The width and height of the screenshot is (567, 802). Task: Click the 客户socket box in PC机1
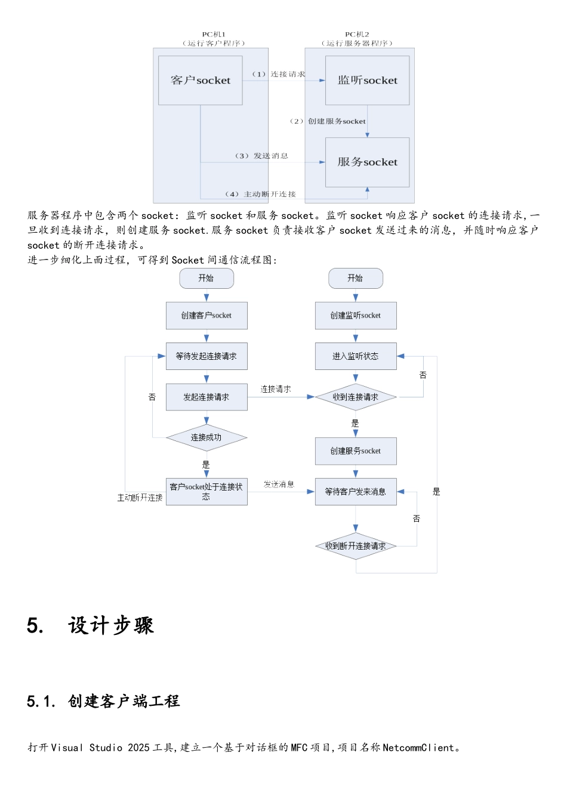[x=200, y=81]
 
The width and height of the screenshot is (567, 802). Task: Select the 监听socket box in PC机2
[x=367, y=81]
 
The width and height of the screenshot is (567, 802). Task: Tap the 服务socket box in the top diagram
[x=367, y=162]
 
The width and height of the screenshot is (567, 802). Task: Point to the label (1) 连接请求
[x=279, y=74]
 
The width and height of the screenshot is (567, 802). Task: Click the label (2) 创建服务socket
[x=328, y=121]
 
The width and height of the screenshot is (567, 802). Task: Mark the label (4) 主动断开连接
[x=260, y=194]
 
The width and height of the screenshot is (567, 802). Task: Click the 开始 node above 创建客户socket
[x=207, y=278]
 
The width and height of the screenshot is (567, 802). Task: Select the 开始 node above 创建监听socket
[x=356, y=278]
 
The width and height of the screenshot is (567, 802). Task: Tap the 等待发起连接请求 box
[x=207, y=356]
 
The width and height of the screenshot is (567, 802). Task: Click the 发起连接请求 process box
[x=207, y=397]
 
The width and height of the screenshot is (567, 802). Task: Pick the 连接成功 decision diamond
[x=207, y=438]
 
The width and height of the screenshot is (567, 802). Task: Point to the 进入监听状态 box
[x=356, y=356]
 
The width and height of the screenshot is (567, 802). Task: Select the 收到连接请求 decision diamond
[x=356, y=397]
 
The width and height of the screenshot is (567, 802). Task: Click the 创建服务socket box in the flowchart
[x=356, y=451]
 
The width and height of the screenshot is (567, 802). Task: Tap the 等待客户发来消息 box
[x=356, y=492]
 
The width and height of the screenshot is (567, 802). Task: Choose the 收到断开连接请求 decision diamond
[x=356, y=546]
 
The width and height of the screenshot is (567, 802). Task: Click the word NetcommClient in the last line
[x=418, y=748]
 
